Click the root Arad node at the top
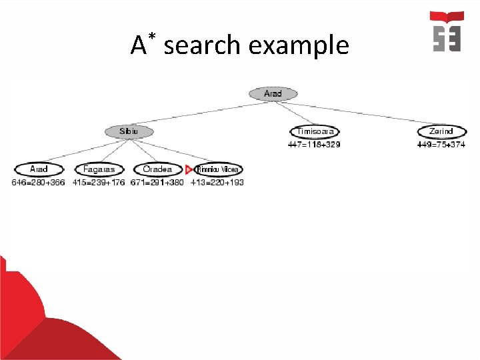(273, 94)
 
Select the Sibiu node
(129, 132)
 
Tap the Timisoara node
(315, 132)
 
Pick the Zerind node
(441, 132)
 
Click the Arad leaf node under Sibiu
(38, 170)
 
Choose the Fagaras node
(99, 170)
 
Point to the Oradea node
(157, 170)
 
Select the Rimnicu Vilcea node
(217, 170)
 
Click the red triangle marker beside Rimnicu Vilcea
(189, 170)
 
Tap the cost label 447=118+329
(314, 144)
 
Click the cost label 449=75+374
(441, 144)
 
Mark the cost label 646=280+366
(38, 183)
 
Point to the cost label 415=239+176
(99, 183)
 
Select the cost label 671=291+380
(157, 183)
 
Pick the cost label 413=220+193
(217, 183)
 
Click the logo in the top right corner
(447, 31)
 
